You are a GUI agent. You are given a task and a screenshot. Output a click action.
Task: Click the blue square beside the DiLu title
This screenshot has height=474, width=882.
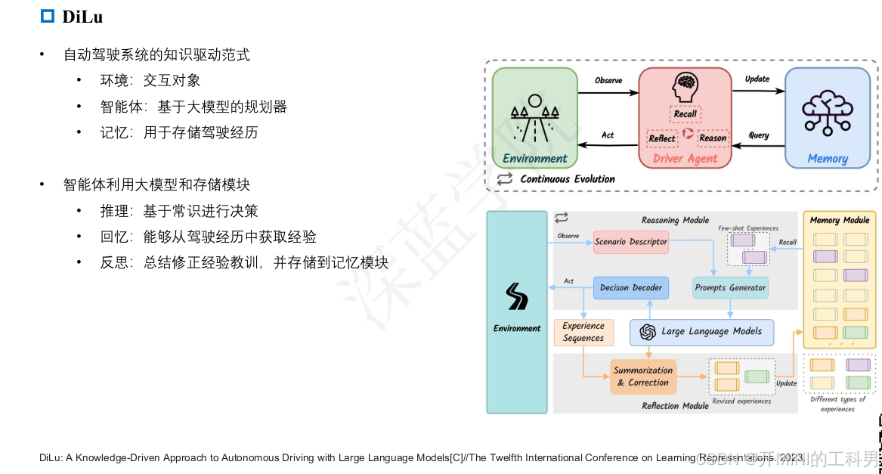click(x=48, y=16)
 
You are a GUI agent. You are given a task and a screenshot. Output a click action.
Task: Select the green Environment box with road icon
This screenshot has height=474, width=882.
click(x=534, y=117)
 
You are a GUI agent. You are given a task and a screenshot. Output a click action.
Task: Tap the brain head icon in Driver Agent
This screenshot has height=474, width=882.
click(x=685, y=88)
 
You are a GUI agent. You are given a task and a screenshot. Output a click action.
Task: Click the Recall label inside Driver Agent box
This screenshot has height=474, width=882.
click(x=685, y=114)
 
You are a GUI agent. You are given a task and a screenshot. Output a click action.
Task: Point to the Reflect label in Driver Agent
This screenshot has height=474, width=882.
click(x=662, y=138)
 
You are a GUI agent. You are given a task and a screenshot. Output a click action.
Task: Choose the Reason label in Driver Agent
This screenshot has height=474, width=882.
click(x=712, y=138)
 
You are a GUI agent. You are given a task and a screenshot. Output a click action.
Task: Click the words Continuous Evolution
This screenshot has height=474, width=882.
click(x=568, y=179)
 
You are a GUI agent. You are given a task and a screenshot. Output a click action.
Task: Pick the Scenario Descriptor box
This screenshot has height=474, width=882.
click(x=632, y=242)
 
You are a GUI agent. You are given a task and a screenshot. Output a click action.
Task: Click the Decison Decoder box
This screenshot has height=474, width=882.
click(x=631, y=288)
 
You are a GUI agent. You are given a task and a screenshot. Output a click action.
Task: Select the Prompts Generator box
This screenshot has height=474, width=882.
click(x=730, y=288)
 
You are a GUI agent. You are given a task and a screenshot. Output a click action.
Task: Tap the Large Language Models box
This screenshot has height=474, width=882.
click(x=701, y=332)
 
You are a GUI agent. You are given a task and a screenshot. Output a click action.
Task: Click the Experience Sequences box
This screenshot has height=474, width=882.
click(x=583, y=332)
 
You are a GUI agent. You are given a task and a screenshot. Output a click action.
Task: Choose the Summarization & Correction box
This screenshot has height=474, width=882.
click(x=643, y=376)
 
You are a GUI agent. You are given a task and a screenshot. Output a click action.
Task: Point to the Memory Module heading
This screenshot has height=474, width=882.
click(x=840, y=221)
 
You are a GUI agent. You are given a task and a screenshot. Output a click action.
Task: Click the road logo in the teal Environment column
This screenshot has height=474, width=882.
click(x=517, y=297)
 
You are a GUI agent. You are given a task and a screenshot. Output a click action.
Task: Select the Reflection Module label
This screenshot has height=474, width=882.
click(x=675, y=406)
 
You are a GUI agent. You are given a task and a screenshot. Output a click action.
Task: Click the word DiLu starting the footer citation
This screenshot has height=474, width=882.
click(x=50, y=457)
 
